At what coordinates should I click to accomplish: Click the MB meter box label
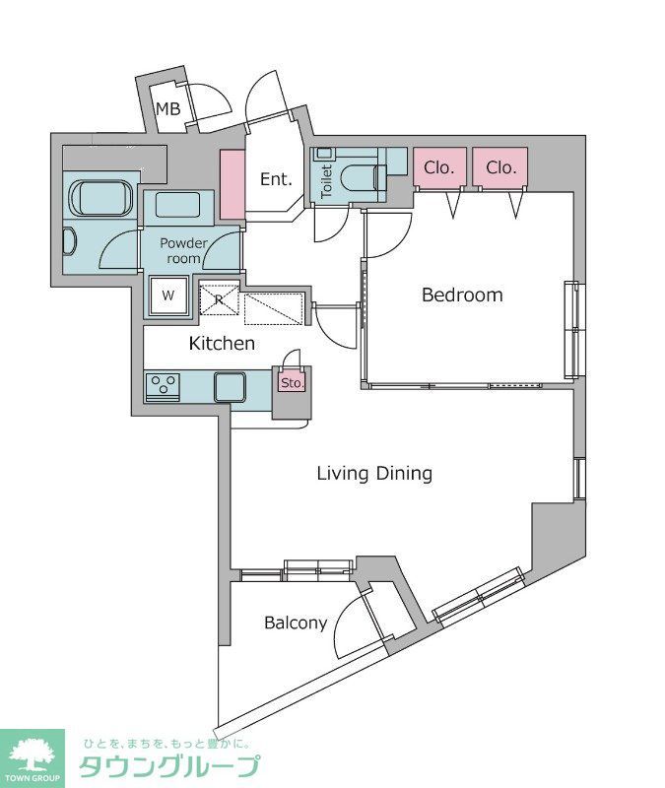(167, 108)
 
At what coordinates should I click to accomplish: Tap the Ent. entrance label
(276, 179)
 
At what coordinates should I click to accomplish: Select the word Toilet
(326, 180)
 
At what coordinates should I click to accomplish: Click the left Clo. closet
(439, 166)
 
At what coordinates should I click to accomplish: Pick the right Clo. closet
(500, 166)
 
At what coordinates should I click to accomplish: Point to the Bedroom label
(462, 295)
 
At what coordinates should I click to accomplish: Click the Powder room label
(183, 251)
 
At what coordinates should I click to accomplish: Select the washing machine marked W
(167, 295)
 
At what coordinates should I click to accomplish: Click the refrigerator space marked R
(219, 299)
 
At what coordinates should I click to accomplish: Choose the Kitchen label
(222, 343)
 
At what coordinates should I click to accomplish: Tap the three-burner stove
(163, 387)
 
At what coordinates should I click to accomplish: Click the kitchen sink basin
(230, 387)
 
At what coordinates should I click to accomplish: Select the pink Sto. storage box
(292, 383)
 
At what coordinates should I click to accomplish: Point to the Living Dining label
(374, 474)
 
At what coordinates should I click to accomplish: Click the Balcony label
(296, 624)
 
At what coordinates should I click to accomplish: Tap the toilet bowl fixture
(362, 178)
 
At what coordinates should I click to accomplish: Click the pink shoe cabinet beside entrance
(233, 184)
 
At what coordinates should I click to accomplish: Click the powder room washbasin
(178, 205)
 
